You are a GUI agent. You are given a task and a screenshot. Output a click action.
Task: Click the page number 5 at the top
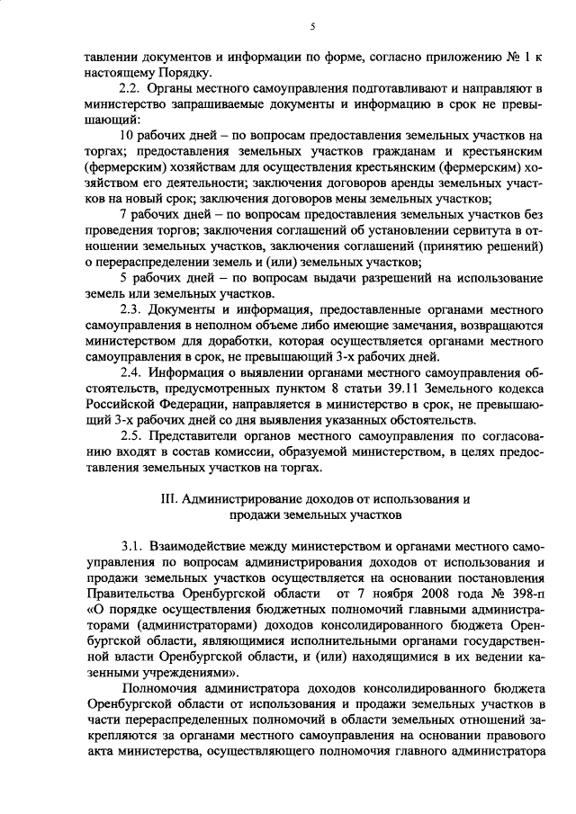click(311, 28)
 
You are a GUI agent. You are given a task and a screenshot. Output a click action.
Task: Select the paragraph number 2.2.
click(131, 88)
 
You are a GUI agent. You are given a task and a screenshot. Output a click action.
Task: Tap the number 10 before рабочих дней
click(127, 136)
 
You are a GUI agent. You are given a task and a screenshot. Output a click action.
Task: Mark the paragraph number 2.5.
click(131, 435)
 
